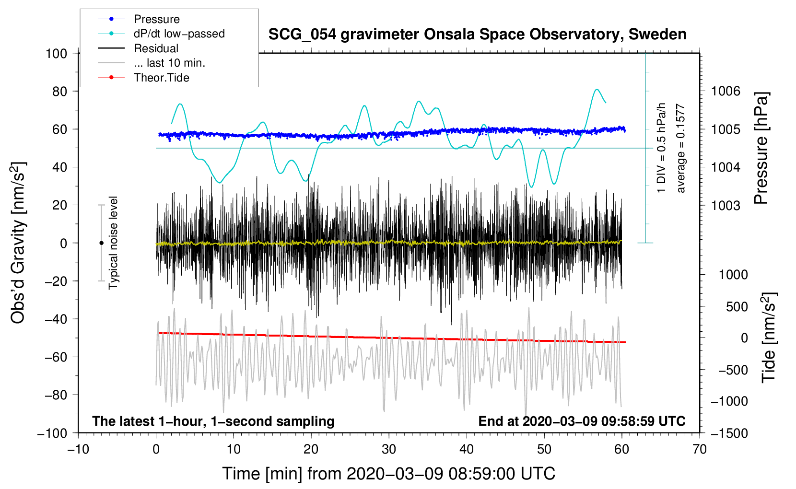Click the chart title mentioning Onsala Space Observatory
[477, 35]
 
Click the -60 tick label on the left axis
[56, 357]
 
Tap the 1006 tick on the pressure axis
[726, 92]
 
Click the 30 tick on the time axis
[389, 450]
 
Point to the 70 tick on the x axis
[699, 450]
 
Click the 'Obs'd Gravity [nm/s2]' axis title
[18, 243]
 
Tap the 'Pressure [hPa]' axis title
[761, 148]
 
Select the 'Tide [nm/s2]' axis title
[769, 338]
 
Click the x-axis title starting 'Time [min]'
[389, 474]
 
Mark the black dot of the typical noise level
[101, 243]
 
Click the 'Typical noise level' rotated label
[113, 243]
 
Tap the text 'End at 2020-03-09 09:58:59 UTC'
[582, 421]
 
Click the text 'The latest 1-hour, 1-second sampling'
[213, 421]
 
